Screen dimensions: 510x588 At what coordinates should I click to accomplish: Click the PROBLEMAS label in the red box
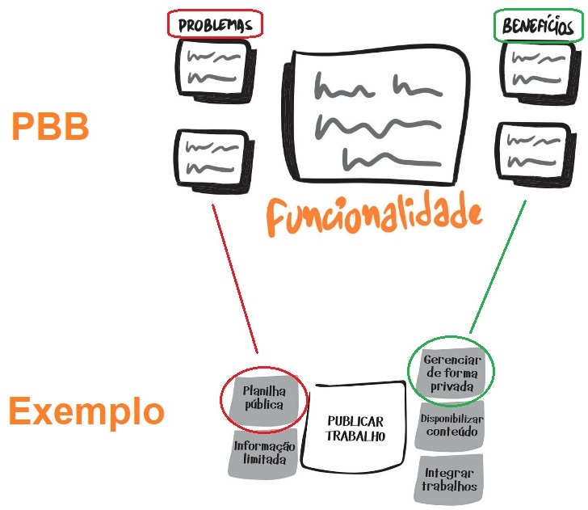click(215, 25)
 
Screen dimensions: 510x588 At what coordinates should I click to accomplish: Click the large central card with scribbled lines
click(377, 118)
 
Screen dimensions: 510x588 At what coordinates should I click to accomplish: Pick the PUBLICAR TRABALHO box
click(355, 428)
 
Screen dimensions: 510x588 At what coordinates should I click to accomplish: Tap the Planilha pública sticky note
click(263, 398)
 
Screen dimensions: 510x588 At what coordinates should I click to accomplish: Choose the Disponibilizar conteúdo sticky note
click(451, 425)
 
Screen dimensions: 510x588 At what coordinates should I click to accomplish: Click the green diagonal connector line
click(497, 267)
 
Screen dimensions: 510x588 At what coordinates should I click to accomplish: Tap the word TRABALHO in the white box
click(355, 436)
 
